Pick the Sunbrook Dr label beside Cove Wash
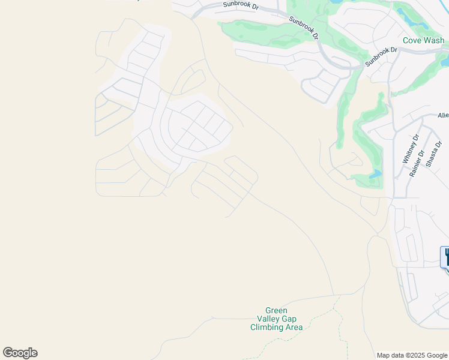click(381, 56)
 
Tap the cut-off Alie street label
click(443, 115)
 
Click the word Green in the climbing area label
click(277, 310)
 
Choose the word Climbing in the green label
click(267, 328)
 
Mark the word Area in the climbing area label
click(294, 328)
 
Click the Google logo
click(20, 353)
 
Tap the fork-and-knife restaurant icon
click(445, 257)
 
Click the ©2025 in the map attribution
click(417, 355)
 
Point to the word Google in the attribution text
click(436, 355)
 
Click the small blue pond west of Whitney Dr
click(375, 175)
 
